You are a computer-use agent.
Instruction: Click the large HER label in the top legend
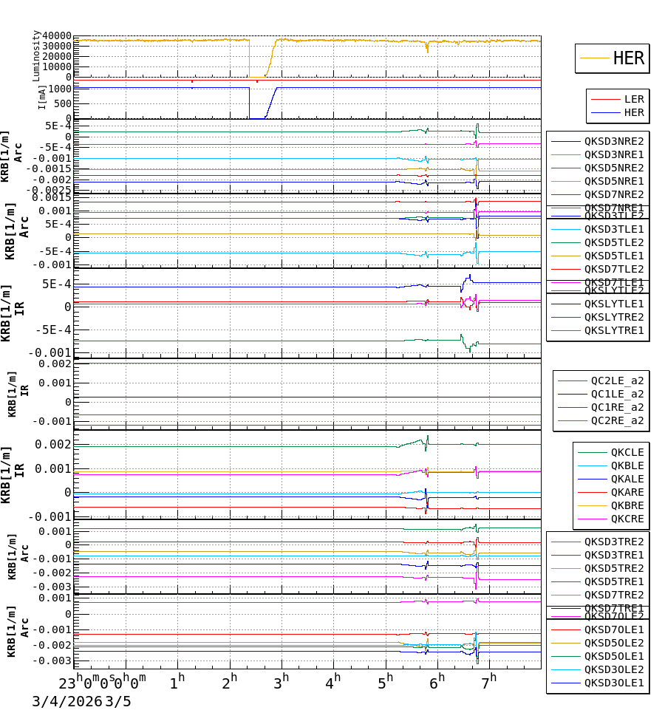point(628,58)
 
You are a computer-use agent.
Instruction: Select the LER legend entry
point(634,99)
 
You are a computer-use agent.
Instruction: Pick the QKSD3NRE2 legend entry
point(614,141)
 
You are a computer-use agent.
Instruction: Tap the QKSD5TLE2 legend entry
point(614,242)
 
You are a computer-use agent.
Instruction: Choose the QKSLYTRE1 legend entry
point(614,330)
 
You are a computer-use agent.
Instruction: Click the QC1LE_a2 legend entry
point(617,394)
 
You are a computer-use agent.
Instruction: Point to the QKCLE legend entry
point(627,452)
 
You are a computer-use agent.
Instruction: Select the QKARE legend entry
point(627,492)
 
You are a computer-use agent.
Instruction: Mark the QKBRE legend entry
point(627,505)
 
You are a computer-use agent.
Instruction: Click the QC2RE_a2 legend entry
point(617,420)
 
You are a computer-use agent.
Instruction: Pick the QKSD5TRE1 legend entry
point(614,581)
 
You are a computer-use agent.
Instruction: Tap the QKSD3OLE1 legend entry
point(614,683)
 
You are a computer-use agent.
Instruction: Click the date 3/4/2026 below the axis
point(66,701)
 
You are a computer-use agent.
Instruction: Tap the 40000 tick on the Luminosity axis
point(57,36)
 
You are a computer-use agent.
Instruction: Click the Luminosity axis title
point(36,55)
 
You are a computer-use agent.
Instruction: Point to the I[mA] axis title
point(42,97)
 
